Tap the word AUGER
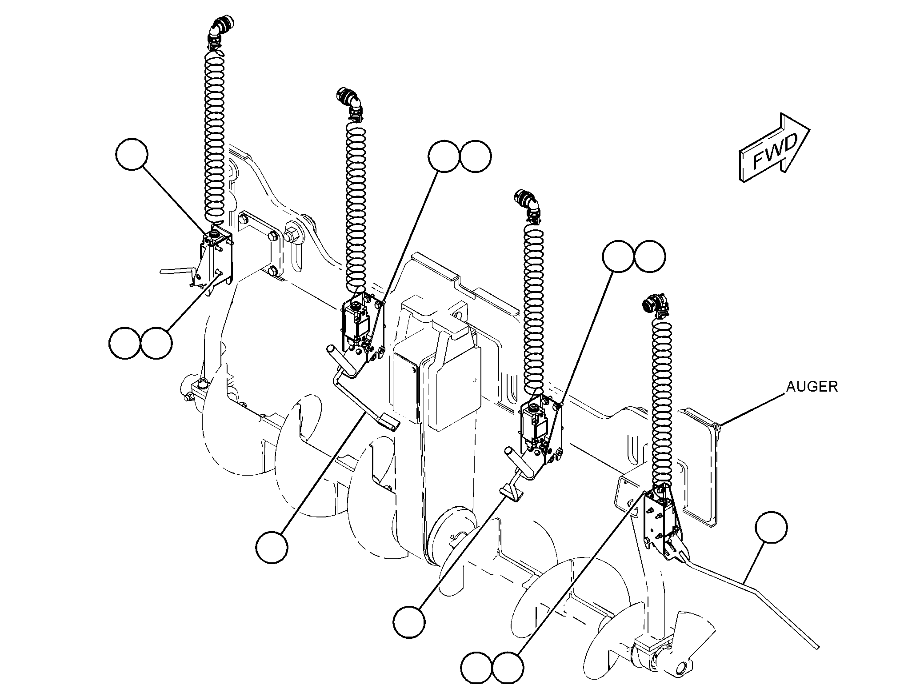coord(812,387)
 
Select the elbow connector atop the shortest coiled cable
coord(655,306)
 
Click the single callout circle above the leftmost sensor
coord(132,153)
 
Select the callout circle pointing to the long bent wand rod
coord(771,527)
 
